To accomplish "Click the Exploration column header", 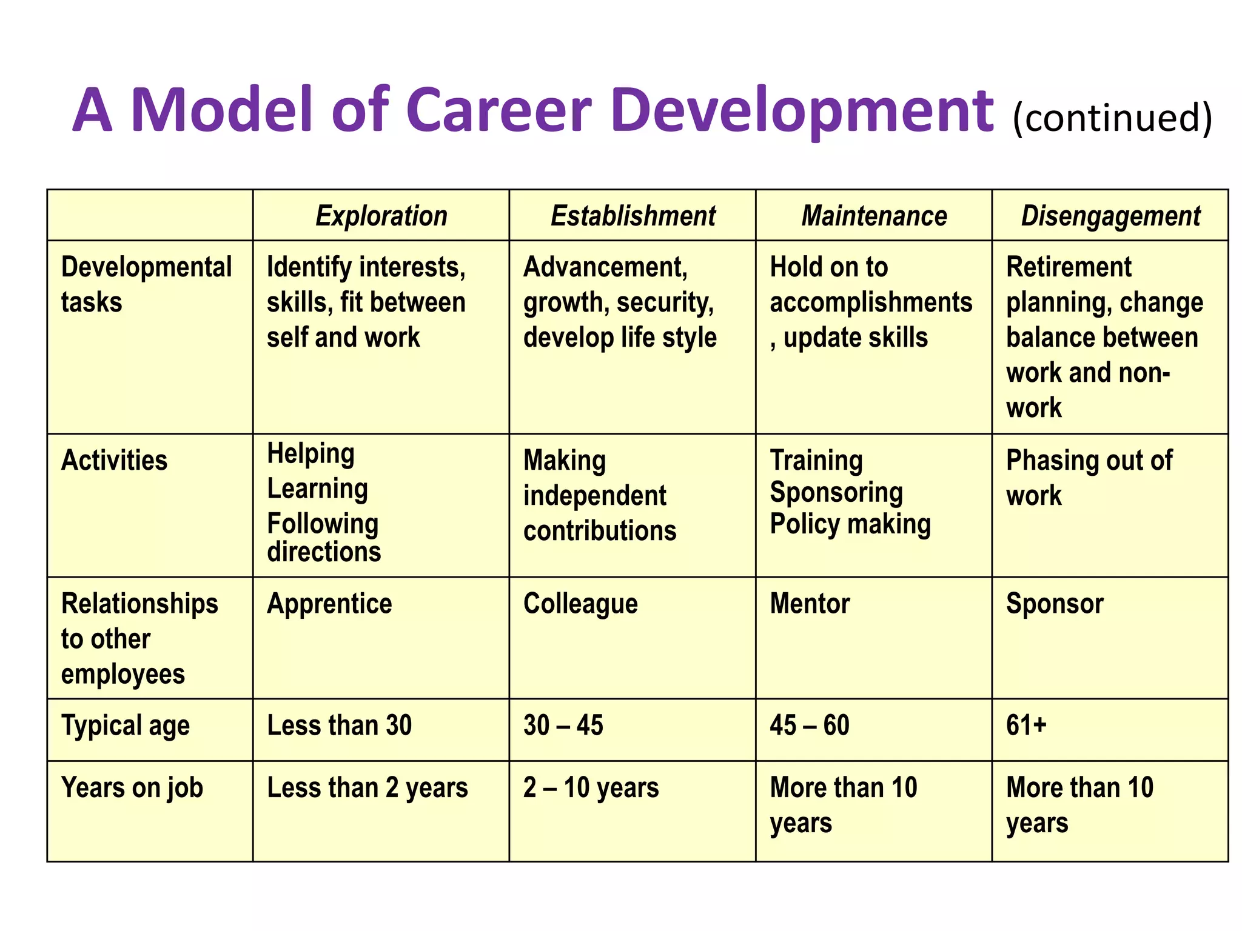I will click(x=381, y=216).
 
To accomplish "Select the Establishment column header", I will click(x=633, y=216).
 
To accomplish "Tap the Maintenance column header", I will click(x=874, y=216).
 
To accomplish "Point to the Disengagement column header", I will click(x=1110, y=216).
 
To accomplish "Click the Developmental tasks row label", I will click(x=146, y=284).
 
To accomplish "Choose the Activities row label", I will click(x=114, y=461).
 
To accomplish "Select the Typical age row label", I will click(x=126, y=726).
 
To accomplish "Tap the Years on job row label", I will click(x=132, y=788).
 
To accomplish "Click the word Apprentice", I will click(x=329, y=604).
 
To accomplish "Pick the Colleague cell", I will click(x=580, y=604).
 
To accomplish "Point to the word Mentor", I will click(x=810, y=604).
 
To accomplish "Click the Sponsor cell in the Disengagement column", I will click(x=1055, y=604).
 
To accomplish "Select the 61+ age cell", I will click(x=1026, y=726).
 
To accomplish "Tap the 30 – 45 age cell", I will click(x=563, y=726).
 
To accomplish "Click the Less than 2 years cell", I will click(x=368, y=788).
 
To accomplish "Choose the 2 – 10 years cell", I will click(x=591, y=788).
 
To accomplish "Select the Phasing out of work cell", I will click(x=1089, y=478).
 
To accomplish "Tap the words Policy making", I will click(x=850, y=524).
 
